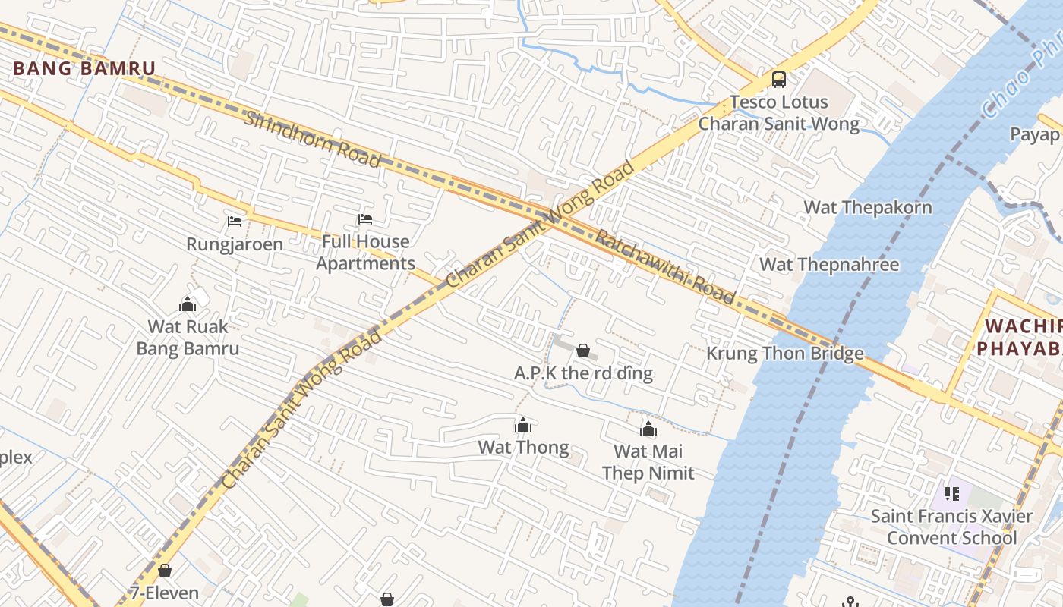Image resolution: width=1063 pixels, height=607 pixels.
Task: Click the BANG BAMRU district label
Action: tap(84, 68)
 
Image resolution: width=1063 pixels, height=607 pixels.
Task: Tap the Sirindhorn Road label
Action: tap(312, 139)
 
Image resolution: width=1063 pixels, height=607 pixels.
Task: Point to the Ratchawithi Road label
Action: tap(665, 266)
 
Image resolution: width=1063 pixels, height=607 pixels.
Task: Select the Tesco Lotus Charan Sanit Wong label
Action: tap(779, 113)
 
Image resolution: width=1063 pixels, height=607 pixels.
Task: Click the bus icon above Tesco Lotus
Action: tap(778, 79)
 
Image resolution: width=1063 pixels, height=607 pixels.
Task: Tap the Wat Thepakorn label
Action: tap(868, 207)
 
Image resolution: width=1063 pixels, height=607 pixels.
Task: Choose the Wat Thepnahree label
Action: tap(829, 265)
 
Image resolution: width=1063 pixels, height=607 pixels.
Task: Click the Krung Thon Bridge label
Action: tap(785, 353)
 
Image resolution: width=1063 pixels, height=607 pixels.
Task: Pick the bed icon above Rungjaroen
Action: tap(235, 222)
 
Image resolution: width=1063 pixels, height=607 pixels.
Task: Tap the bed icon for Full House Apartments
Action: tap(365, 219)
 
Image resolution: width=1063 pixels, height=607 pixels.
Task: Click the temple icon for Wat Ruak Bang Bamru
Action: tap(188, 305)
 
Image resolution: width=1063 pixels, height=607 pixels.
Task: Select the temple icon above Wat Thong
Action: tap(523, 425)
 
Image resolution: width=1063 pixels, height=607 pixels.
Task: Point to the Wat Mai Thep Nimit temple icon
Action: tap(648, 429)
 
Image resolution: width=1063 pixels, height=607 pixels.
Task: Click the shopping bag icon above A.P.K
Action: tap(583, 351)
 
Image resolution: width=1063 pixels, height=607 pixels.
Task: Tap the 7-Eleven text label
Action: tap(165, 593)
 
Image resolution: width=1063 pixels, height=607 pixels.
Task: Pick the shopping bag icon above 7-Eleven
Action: tap(165, 571)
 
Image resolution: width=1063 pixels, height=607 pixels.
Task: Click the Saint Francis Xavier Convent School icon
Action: tap(952, 494)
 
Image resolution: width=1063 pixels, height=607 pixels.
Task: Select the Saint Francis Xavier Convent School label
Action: tap(951, 527)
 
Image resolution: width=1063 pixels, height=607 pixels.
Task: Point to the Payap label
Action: tap(1034, 135)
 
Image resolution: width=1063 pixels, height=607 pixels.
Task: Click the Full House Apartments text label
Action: tap(365, 253)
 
